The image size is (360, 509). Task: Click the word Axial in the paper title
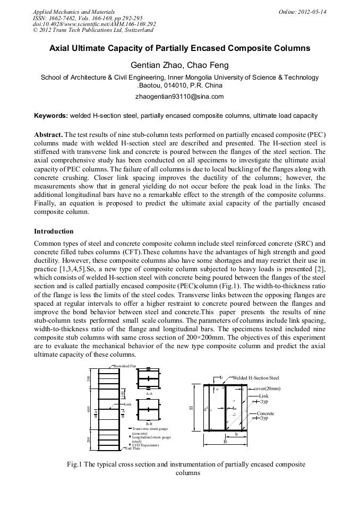(61, 48)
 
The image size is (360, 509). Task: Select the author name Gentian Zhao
(153, 65)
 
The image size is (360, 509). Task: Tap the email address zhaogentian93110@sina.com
(179, 97)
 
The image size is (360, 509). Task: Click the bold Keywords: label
(51, 116)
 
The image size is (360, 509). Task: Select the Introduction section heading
(54, 231)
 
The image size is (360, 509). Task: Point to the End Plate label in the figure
(132, 448)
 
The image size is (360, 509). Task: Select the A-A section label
(149, 394)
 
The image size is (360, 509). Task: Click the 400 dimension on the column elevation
(88, 410)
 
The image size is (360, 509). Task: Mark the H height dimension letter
(191, 408)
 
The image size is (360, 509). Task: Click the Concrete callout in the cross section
(265, 413)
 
